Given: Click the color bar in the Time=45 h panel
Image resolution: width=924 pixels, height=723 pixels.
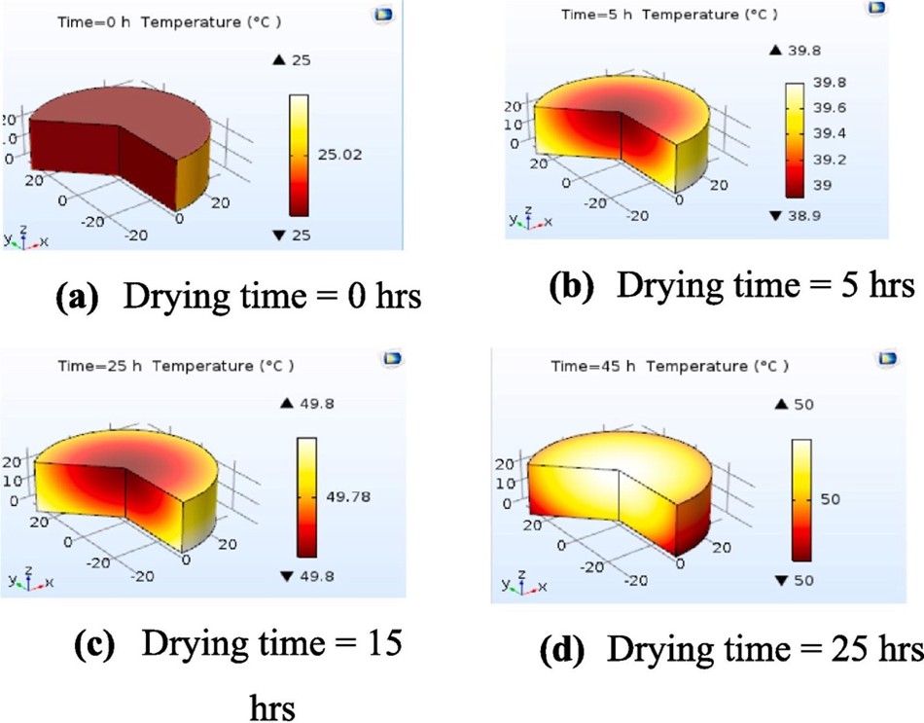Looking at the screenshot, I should (802, 499).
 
